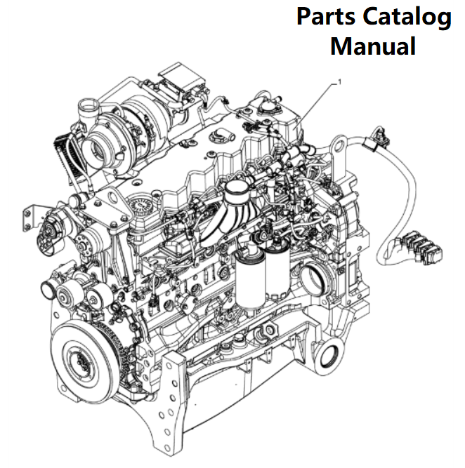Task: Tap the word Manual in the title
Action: click(x=373, y=46)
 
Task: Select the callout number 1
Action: click(x=341, y=82)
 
